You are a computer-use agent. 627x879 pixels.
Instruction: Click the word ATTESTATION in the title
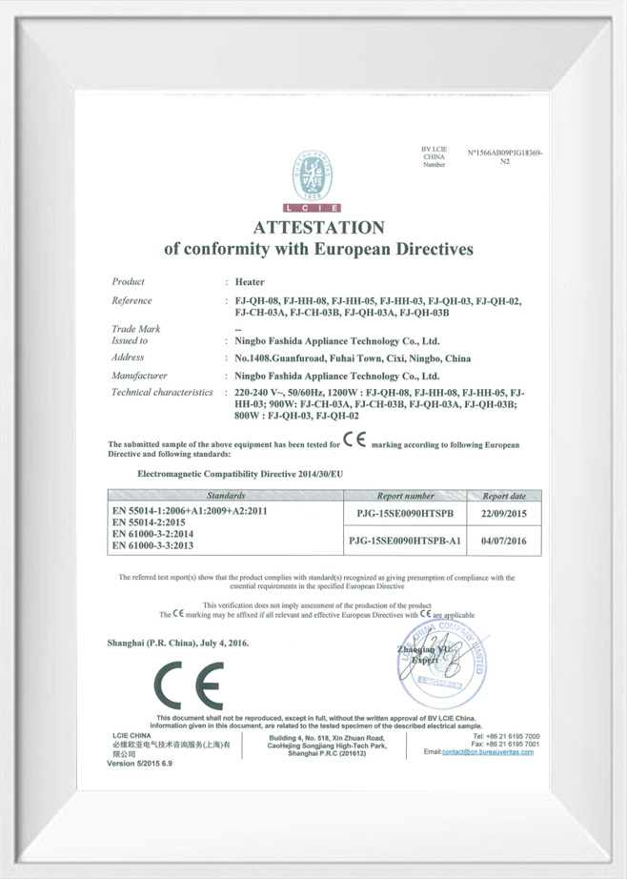[x=318, y=228]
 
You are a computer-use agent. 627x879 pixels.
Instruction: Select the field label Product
[x=128, y=282]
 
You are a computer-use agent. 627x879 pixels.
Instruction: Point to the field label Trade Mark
[x=135, y=328]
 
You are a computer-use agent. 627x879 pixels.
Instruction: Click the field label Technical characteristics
[x=162, y=393]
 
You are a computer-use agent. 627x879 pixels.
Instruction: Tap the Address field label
[x=128, y=357]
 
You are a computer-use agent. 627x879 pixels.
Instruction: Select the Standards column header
[x=226, y=496]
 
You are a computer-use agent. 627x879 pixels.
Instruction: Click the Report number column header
[x=405, y=496]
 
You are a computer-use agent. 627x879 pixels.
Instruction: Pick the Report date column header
[x=504, y=496]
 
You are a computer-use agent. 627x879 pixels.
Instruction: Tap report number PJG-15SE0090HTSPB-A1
[x=405, y=541]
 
